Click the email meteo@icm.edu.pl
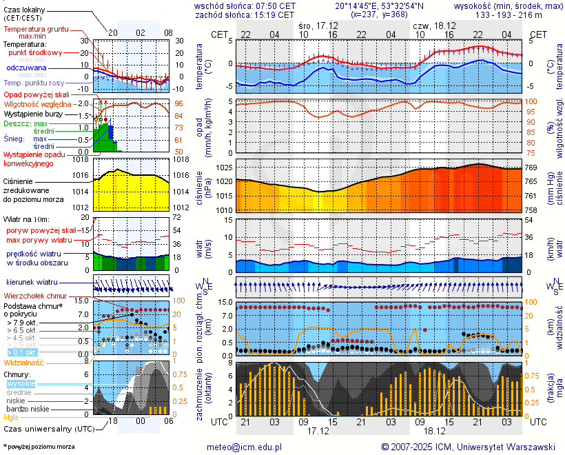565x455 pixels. tap(245, 447)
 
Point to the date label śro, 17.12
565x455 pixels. tap(320, 25)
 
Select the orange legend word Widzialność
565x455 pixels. tap(23, 362)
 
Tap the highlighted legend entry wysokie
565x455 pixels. tap(21, 383)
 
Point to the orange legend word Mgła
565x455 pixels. tap(11, 417)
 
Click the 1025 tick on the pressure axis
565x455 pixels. tap(225, 168)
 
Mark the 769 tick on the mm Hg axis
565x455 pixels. tap(531, 168)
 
